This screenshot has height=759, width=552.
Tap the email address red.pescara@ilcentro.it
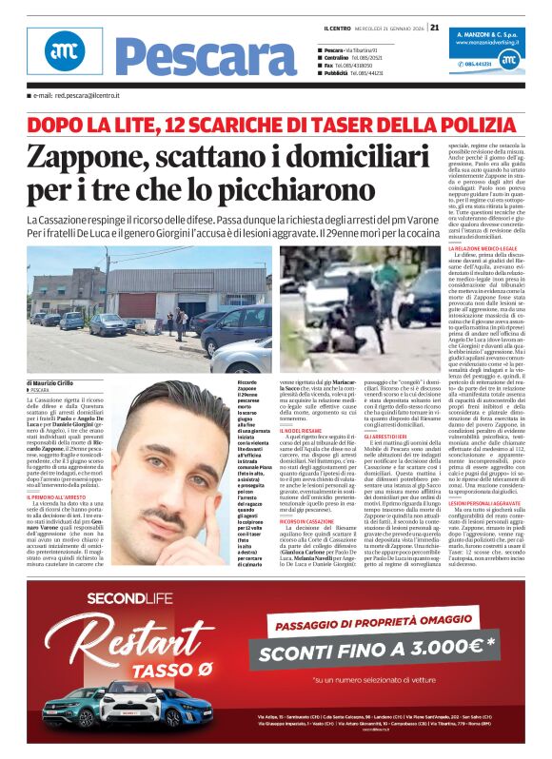[x=78, y=96]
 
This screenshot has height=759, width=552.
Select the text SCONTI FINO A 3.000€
[x=377, y=651]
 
